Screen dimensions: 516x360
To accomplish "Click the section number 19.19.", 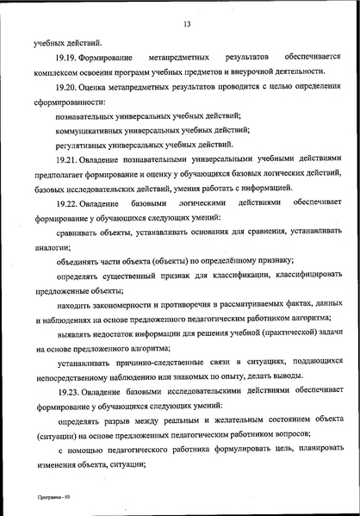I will click(x=65, y=56).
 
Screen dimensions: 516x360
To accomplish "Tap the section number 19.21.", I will click(x=65, y=159).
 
